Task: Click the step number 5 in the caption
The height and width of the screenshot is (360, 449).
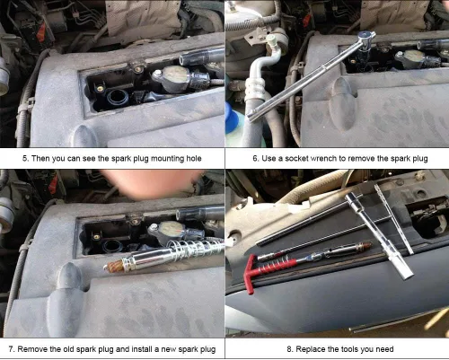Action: (x=25, y=158)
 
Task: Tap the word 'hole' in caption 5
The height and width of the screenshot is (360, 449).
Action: (x=194, y=158)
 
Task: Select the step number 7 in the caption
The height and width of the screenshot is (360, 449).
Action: (x=12, y=349)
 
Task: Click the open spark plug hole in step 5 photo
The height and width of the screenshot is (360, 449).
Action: (x=118, y=98)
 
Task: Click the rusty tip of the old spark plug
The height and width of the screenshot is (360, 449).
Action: (x=114, y=266)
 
